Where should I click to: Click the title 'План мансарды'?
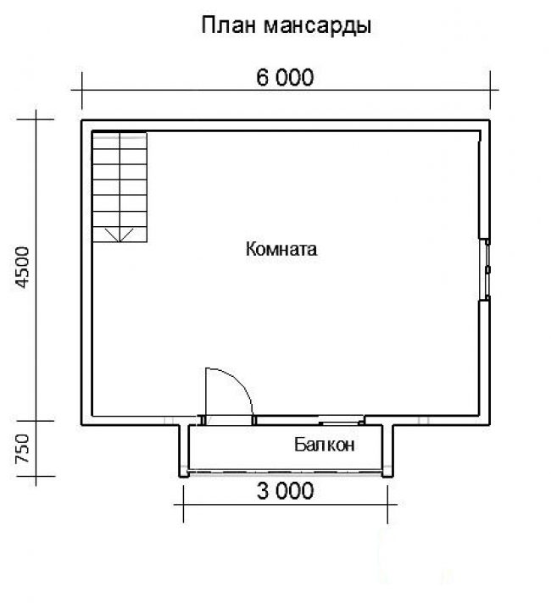click(286, 26)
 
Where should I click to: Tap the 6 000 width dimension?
click(285, 77)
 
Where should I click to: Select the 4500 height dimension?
click(23, 267)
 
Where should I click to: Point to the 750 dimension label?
click(23, 448)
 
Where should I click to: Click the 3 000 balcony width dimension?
click(285, 491)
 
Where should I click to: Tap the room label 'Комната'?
click(281, 249)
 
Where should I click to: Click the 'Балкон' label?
click(324, 445)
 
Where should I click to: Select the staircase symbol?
click(120, 187)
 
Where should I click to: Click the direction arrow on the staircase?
click(120, 235)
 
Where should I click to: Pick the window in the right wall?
click(487, 269)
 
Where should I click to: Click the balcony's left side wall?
click(184, 451)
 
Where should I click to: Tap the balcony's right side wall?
click(387, 451)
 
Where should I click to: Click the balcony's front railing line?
click(286, 471)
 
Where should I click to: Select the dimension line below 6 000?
click(285, 90)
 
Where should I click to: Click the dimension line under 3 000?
click(286, 504)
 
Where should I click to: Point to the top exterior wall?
click(286, 125)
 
